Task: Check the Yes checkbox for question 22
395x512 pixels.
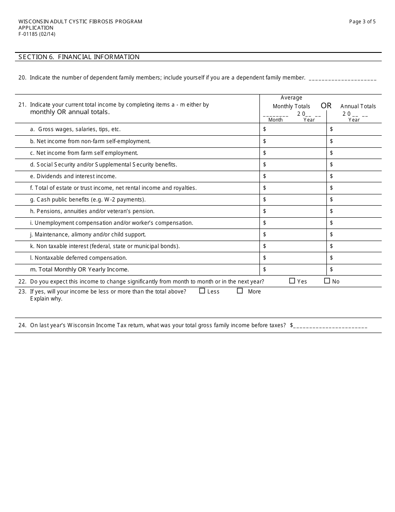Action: coord(292,281)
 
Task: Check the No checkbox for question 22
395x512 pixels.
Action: coord(327,281)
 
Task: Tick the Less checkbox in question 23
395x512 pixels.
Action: coord(202,291)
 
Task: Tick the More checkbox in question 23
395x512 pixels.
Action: coord(240,291)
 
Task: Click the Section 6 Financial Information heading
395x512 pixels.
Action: coord(79,57)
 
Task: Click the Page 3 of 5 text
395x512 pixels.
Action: coord(362,22)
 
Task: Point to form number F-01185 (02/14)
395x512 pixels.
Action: coord(37,34)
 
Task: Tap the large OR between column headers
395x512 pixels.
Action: coord(326,106)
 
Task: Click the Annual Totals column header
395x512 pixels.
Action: coord(358,106)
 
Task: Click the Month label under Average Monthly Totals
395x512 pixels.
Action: coord(275,120)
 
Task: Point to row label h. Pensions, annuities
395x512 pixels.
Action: coord(92,211)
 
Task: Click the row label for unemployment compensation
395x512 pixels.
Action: coord(111,223)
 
